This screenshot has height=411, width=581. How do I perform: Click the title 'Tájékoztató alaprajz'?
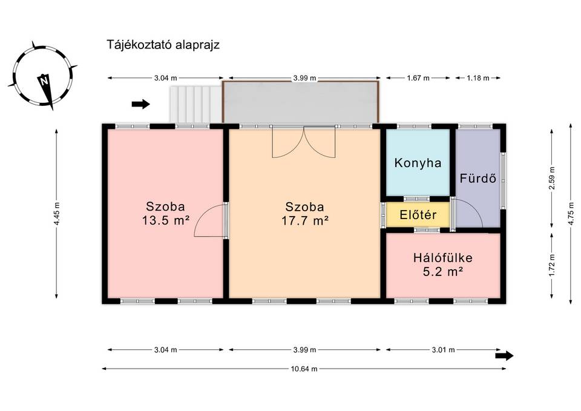tap(163, 45)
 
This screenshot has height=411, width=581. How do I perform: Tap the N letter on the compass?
tap(44, 80)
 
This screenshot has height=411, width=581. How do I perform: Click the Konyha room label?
tap(418, 163)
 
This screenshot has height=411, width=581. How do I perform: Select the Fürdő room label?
tap(478, 178)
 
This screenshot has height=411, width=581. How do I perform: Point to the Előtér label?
tap(418, 215)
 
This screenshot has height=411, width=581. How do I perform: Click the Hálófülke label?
tap(443, 258)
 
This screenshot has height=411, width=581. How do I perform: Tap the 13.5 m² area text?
tap(166, 221)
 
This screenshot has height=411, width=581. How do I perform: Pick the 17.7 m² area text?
tap(305, 221)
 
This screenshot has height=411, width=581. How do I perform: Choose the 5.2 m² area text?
tap(443, 272)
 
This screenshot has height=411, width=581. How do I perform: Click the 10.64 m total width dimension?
tap(304, 369)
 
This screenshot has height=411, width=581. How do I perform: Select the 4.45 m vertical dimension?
tap(56, 214)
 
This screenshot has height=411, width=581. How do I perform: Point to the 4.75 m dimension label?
tap(571, 214)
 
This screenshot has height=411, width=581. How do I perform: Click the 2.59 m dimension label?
tap(552, 178)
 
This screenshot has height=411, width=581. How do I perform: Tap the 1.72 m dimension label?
tap(552, 265)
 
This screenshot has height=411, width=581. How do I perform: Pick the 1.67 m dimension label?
tap(418, 78)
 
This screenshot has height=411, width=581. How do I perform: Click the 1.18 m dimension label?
tap(478, 78)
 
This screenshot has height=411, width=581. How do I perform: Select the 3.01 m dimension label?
tap(443, 349)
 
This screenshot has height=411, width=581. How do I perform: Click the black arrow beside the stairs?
tap(141, 104)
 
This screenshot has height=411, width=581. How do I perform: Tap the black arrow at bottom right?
tap(504, 356)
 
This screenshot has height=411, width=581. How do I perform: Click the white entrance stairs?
tap(195, 104)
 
